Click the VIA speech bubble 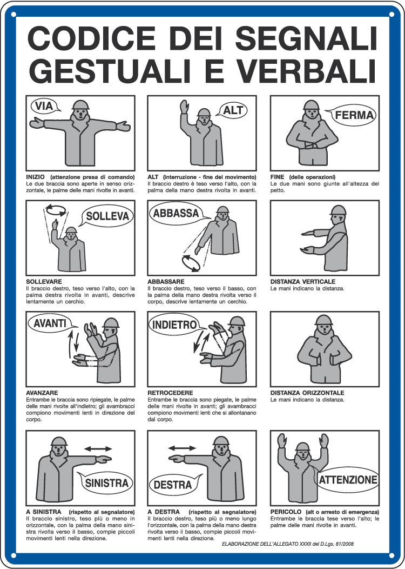click(x=45, y=106)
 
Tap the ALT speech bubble click(x=233, y=111)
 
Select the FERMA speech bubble click(x=354, y=115)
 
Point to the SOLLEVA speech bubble click(x=107, y=216)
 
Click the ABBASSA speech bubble click(x=176, y=213)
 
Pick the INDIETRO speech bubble click(x=173, y=325)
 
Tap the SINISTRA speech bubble click(x=106, y=483)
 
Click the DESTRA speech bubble click(x=173, y=485)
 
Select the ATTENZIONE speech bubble click(x=348, y=480)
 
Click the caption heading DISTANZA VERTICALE click(x=302, y=282)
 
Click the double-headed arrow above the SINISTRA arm click(x=98, y=448)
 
